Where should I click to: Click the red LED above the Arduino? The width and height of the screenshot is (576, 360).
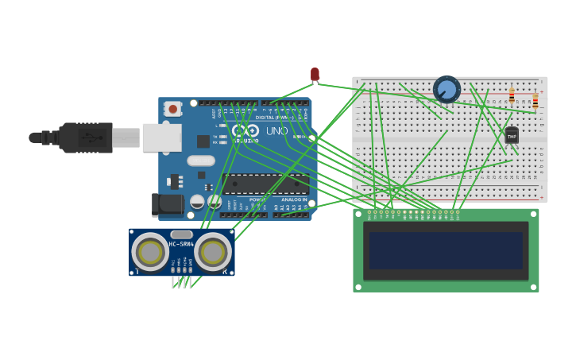[315, 74]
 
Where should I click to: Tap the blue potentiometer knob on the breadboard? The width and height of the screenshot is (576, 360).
[446, 89]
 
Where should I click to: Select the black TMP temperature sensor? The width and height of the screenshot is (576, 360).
[512, 136]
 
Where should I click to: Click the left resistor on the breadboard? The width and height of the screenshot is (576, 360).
[512, 96]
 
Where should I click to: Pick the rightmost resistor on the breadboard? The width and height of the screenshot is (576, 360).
[535, 100]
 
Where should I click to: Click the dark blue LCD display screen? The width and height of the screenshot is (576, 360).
[446, 250]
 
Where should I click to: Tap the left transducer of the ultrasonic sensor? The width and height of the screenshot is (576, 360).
[149, 252]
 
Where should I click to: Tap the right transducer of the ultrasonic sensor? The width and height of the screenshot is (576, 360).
[212, 252]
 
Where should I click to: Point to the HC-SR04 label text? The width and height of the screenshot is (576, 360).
[180, 243]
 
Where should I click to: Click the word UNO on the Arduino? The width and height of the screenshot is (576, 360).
[276, 131]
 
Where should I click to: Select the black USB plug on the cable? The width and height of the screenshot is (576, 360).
[83, 137]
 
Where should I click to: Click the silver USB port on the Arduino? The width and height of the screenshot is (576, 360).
[161, 137]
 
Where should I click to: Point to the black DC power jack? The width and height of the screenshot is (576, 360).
[168, 204]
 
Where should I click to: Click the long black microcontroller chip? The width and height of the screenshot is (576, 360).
[265, 184]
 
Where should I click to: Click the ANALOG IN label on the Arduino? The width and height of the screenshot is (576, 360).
[293, 199]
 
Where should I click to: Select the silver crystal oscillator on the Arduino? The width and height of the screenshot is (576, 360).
[201, 161]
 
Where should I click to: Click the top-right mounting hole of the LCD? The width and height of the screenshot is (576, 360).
[533, 215]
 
